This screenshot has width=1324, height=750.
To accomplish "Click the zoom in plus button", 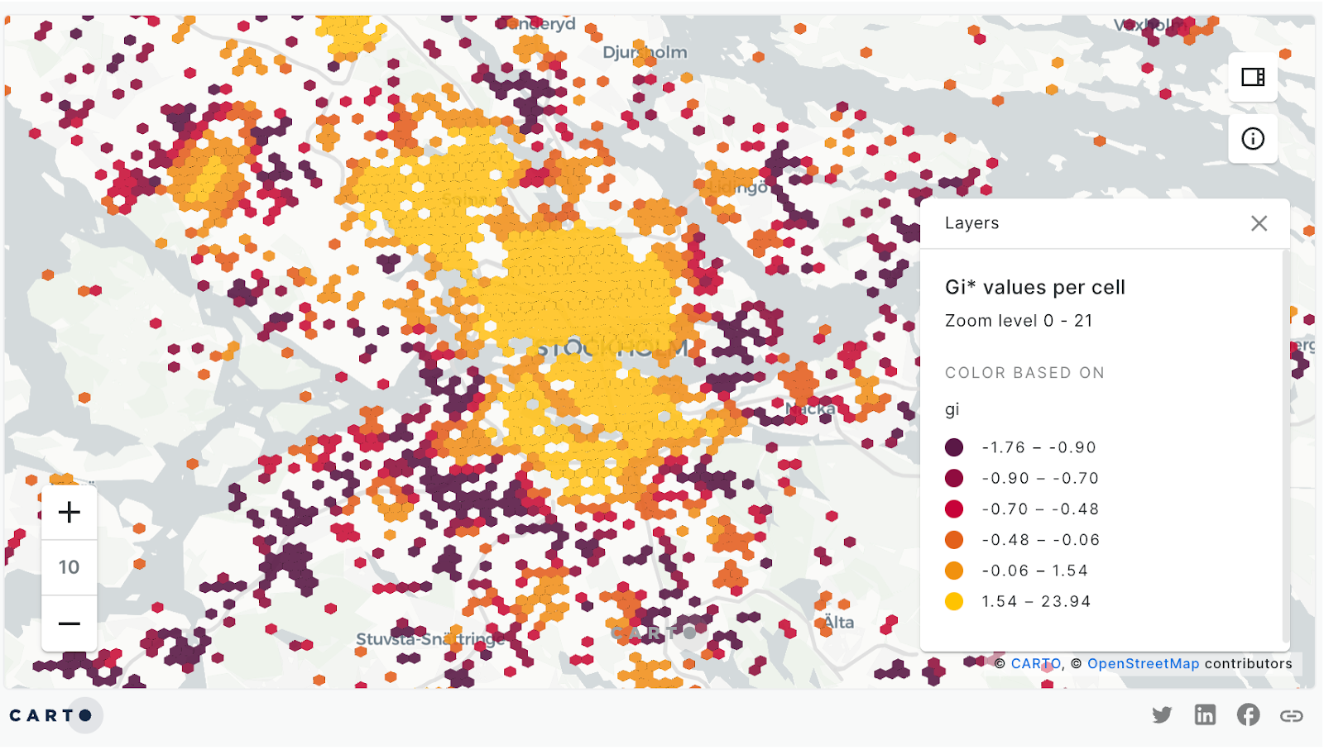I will tap(70, 513).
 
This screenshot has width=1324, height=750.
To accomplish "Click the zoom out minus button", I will tap(70, 623).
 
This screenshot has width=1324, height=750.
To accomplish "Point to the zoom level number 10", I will tap(70, 567).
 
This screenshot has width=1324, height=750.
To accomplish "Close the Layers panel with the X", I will tap(1259, 223).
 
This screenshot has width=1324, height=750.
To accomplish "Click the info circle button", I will tap(1253, 139).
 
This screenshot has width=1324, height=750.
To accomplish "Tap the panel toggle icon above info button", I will tap(1253, 77).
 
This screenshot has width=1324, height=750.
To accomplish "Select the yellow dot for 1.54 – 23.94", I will tap(954, 602).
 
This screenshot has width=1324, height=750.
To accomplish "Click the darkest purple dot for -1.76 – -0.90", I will tap(954, 447).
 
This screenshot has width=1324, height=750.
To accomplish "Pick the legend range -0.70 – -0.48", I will tap(1040, 509).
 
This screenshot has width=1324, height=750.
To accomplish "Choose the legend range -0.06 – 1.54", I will tap(1034, 571).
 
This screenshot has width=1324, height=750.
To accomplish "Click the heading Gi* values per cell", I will tap(1034, 287).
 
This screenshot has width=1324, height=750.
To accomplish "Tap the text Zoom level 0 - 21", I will tap(1019, 321).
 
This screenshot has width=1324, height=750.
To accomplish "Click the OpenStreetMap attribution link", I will tap(1143, 664).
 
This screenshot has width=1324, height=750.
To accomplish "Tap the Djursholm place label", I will tap(645, 52).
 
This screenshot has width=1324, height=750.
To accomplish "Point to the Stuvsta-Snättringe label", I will tap(430, 639).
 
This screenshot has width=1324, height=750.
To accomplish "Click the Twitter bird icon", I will tap(1162, 715).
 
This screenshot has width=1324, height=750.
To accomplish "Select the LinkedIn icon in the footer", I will tap(1205, 715).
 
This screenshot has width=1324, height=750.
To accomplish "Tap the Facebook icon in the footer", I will tap(1248, 715).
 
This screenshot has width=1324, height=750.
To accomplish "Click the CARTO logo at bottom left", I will tap(51, 715).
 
